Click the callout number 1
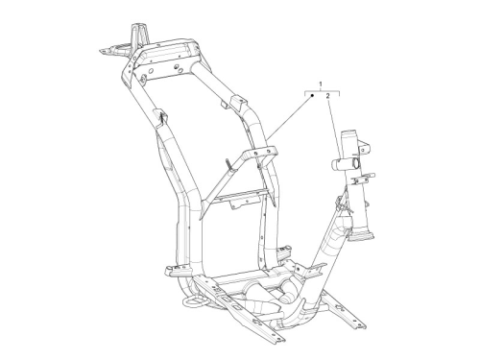[321, 84]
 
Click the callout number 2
[328, 96]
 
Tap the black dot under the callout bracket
[313, 95]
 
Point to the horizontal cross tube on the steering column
[345, 164]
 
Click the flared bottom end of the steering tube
[361, 236]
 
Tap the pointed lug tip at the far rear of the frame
[103, 51]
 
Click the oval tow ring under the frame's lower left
[193, 300]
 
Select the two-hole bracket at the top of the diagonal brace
[261, 153]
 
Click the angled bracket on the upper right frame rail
[238, 103]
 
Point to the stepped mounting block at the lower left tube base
[178, 271]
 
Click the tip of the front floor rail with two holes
[277, 338]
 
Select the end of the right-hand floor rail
[359, 324]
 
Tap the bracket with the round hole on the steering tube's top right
[365, 147]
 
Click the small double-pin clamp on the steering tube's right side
[363, 179]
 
